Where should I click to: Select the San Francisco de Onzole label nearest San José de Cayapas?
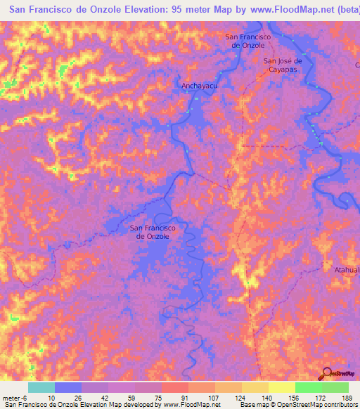[x=244, y=41]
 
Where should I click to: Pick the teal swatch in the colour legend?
[x=41, y=387]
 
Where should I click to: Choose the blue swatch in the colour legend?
[x=68, y=387]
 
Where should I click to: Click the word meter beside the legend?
[x=13, y=397]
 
